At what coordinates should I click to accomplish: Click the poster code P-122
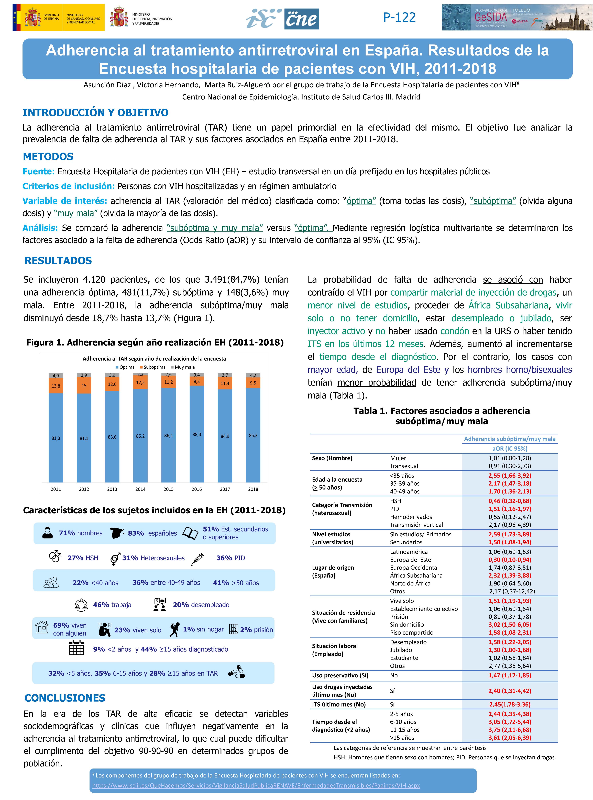point(399,17)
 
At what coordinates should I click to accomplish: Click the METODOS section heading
point(48,157)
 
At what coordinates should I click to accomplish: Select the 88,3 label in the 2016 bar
point(197,434)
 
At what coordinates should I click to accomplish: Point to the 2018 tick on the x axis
point(253,489)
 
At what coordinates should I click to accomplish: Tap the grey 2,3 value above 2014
point(140,374)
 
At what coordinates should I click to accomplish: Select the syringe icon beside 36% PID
point(197,558)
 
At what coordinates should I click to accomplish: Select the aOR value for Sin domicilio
point(510,624)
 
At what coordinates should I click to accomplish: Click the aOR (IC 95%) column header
point(510,449)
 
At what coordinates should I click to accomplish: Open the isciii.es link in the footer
point(256,785)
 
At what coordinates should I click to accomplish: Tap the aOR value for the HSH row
point(510,501)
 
